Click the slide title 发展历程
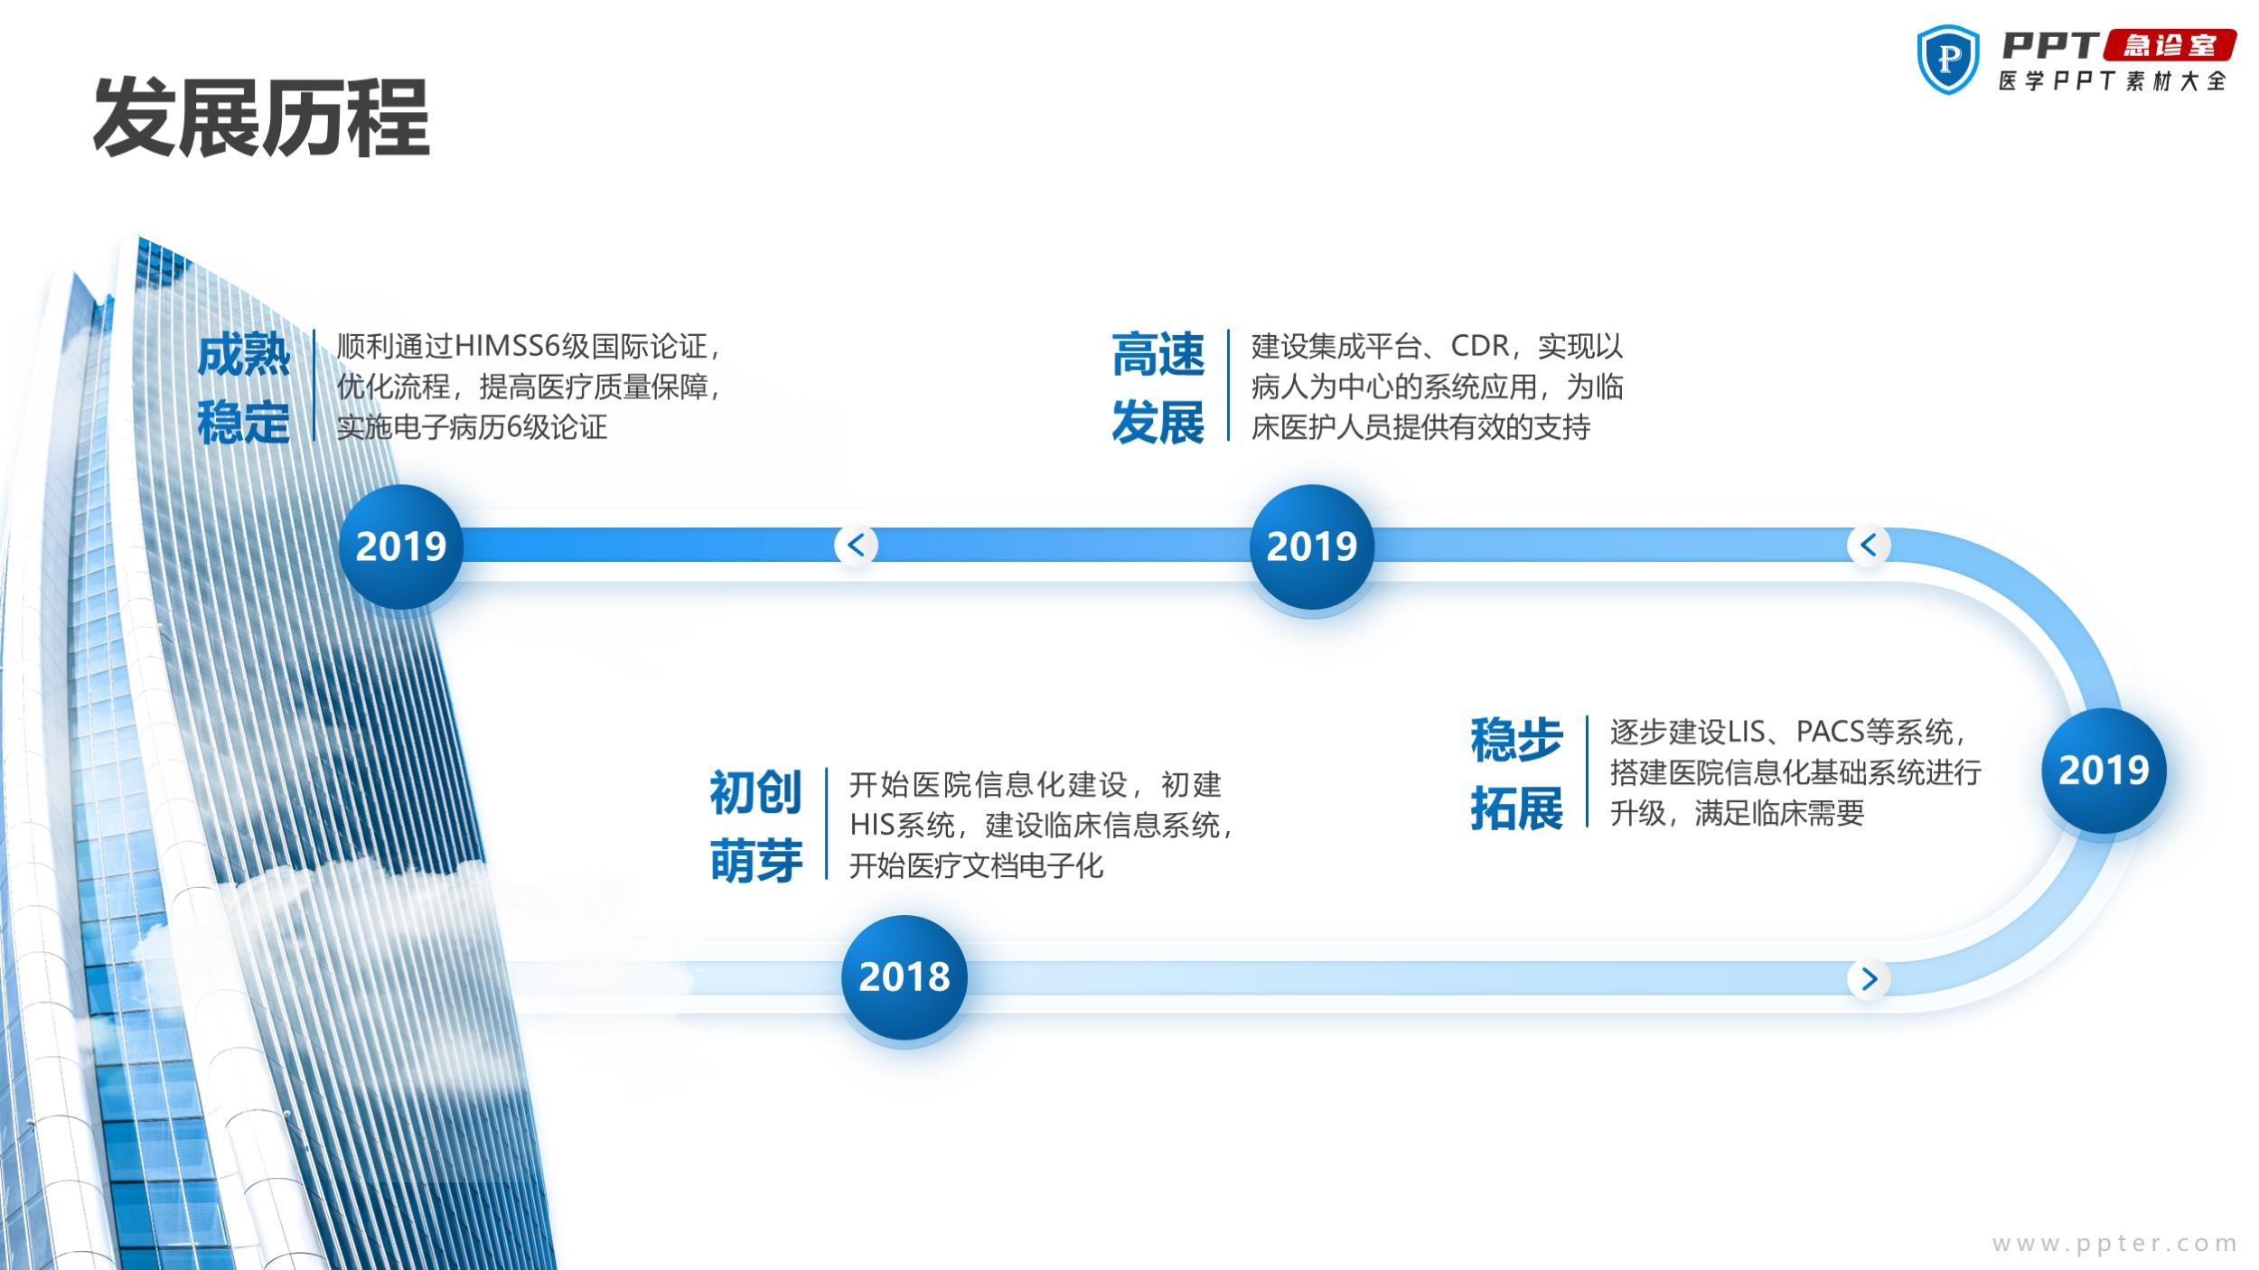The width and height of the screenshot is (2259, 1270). click(x=261, y=118)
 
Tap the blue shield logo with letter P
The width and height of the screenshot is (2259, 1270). click(x=1947, y=60)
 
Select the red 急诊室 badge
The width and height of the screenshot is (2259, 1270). click(x=2170, y=45)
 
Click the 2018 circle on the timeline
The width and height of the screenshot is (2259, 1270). click(x=904, y=977)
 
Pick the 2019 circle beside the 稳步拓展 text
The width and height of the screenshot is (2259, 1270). click(x=2104, y=770)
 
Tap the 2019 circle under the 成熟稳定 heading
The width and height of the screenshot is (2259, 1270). click(x=401, y=546)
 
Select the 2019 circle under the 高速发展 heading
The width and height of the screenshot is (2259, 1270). click(x=1312, y=546)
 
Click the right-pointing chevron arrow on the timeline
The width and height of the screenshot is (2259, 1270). click(x=1870, y=978)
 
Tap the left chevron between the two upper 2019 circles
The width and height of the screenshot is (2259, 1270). click(x=856, y=545)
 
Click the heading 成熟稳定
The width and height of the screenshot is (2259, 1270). click(x=243, y=388)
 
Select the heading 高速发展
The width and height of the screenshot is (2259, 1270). click(x=1158, y=388)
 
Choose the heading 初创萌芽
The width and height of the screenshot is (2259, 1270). click(x=755, y=826)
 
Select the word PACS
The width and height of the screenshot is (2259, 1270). click(x=1831, y=732)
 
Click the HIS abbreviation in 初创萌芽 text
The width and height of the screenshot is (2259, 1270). click(x=872, y=825)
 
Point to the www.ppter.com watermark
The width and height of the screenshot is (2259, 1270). click(x=2114, y=1244)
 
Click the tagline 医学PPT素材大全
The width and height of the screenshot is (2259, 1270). click(x=2112, y=81)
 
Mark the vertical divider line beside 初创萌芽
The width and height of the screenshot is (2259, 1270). click(x=826, y=824)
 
